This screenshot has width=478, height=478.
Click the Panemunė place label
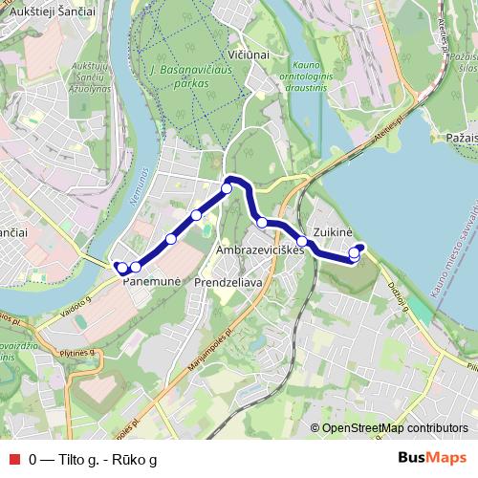click(146, 283)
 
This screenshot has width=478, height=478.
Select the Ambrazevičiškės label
click(260, 250)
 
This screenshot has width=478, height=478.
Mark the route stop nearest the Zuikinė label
click(355, 254)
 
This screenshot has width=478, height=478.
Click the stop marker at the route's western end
click(121, 268)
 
